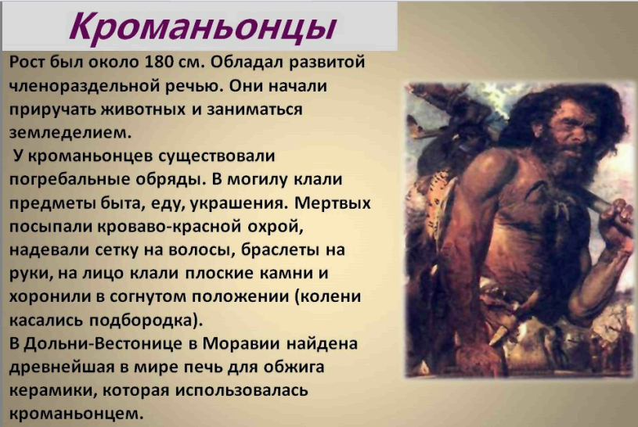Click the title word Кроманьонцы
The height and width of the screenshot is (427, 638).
coord(203,27)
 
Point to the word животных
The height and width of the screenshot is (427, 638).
coord(142,109)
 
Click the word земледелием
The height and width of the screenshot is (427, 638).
coord(70,133)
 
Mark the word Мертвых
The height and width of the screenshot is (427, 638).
coord(333,203)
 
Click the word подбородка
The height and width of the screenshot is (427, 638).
coord(146,320)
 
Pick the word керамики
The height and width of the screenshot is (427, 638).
coord(53,391)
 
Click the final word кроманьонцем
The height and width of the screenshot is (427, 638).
coord(77,414)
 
